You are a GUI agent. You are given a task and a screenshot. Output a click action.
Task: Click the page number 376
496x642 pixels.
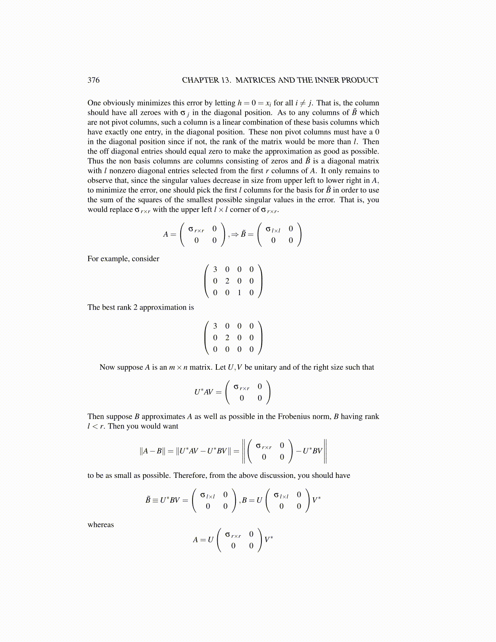click(x=94, y=80)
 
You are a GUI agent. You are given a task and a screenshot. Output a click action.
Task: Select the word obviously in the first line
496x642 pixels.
click(x=119, y=103)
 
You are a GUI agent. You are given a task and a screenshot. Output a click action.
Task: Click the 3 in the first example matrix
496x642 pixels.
click(x=215, y=269)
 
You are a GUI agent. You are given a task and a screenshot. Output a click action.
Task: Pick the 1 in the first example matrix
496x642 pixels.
click(x=239, y=293)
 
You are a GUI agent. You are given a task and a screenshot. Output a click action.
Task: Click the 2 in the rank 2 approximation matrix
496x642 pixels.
click(x=227, y=338)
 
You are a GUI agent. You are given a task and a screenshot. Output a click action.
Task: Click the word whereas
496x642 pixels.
click(x=100, y=524)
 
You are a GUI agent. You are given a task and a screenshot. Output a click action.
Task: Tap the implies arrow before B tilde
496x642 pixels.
click(x=235, y=234)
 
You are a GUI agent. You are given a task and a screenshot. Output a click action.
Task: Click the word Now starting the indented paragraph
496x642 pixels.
click(x=107, y=367)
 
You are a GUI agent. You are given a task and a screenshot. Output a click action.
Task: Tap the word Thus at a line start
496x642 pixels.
click(x=95, y=161)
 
